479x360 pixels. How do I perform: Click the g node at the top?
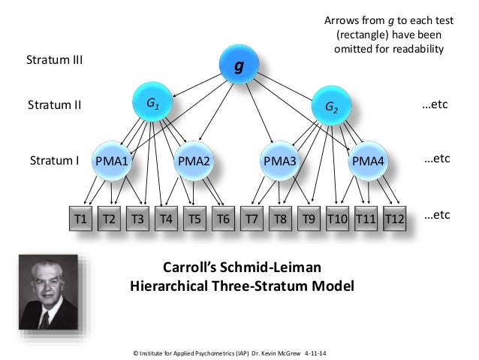coord(239,66)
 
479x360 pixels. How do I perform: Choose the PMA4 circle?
coord(368,160)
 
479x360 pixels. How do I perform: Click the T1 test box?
coord(81,219)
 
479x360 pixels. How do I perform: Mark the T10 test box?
coord(337,219)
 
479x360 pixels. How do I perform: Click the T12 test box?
coord(394,219)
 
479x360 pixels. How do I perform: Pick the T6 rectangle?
coord(222,219)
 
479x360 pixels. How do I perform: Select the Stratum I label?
coord(54,160)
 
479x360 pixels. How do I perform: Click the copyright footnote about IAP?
coord(236,351)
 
